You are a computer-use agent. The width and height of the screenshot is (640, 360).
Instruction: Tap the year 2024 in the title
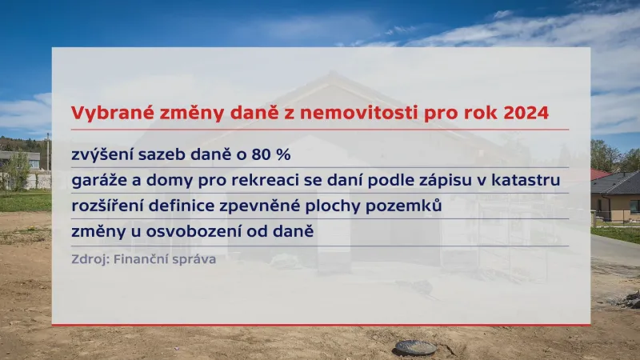(526, 114)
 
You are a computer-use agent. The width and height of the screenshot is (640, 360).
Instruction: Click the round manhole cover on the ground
(415, 347)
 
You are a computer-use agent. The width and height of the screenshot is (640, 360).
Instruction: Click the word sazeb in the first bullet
(163, 154)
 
